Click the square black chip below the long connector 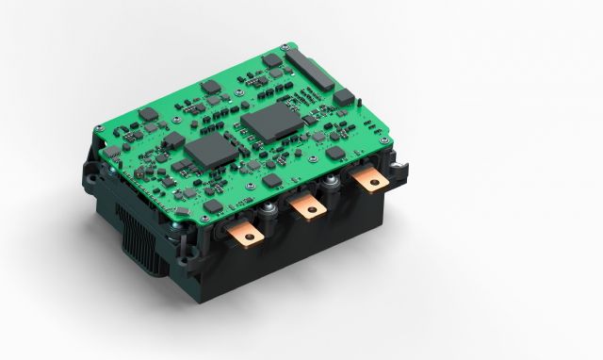(x=343, y=96)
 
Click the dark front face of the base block (x=311, y=250)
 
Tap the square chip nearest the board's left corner (x=112, y=151)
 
